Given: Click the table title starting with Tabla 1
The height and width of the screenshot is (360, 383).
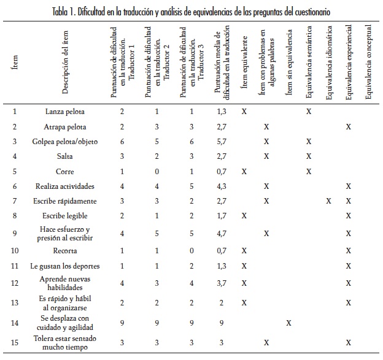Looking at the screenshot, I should click(191, 12).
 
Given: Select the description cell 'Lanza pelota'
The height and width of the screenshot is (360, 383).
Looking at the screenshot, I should click(65, 112).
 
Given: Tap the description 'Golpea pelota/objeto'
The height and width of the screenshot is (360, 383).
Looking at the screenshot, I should click(65, 142).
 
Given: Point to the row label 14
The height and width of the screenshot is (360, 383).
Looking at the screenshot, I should click(15, 323).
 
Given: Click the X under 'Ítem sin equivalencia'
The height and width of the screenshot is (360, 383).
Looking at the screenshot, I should click(288, 323).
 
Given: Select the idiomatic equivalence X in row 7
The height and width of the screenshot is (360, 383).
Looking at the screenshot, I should click(328, 201).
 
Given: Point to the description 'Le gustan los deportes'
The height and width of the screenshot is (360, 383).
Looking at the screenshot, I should click(65, 266).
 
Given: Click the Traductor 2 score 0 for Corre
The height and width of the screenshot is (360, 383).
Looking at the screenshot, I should click(157, 171).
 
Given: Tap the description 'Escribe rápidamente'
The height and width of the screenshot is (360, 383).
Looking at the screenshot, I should click(65, 201).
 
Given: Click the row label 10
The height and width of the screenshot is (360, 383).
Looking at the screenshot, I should click(15, 251).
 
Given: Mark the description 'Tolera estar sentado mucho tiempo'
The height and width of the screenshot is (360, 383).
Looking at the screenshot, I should click(65, 342).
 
